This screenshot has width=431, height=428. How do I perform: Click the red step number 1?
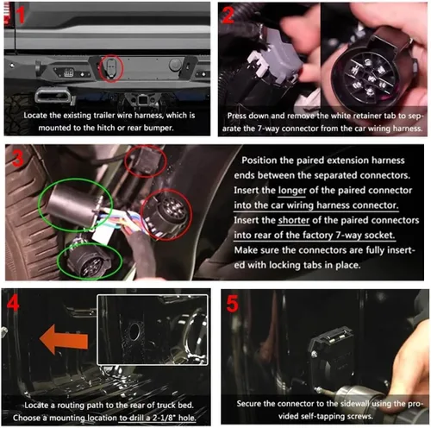[21, 15]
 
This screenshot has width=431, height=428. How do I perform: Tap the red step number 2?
[228, 15]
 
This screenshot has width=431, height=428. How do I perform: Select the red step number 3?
[18, 158]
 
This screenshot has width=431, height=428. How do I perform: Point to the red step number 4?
[13, 303]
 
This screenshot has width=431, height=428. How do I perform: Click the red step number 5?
[232, 304]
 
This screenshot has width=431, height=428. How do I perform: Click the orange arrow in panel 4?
[64, 339]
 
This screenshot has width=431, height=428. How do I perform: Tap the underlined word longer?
[292, 191]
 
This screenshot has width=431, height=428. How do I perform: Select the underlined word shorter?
[294, 220]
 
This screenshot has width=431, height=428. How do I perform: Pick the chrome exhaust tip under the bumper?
[53, 96]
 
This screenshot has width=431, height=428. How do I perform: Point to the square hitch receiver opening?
[142, 101]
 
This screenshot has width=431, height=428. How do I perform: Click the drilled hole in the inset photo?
[134, 331]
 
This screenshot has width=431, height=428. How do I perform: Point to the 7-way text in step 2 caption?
[268, 129]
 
